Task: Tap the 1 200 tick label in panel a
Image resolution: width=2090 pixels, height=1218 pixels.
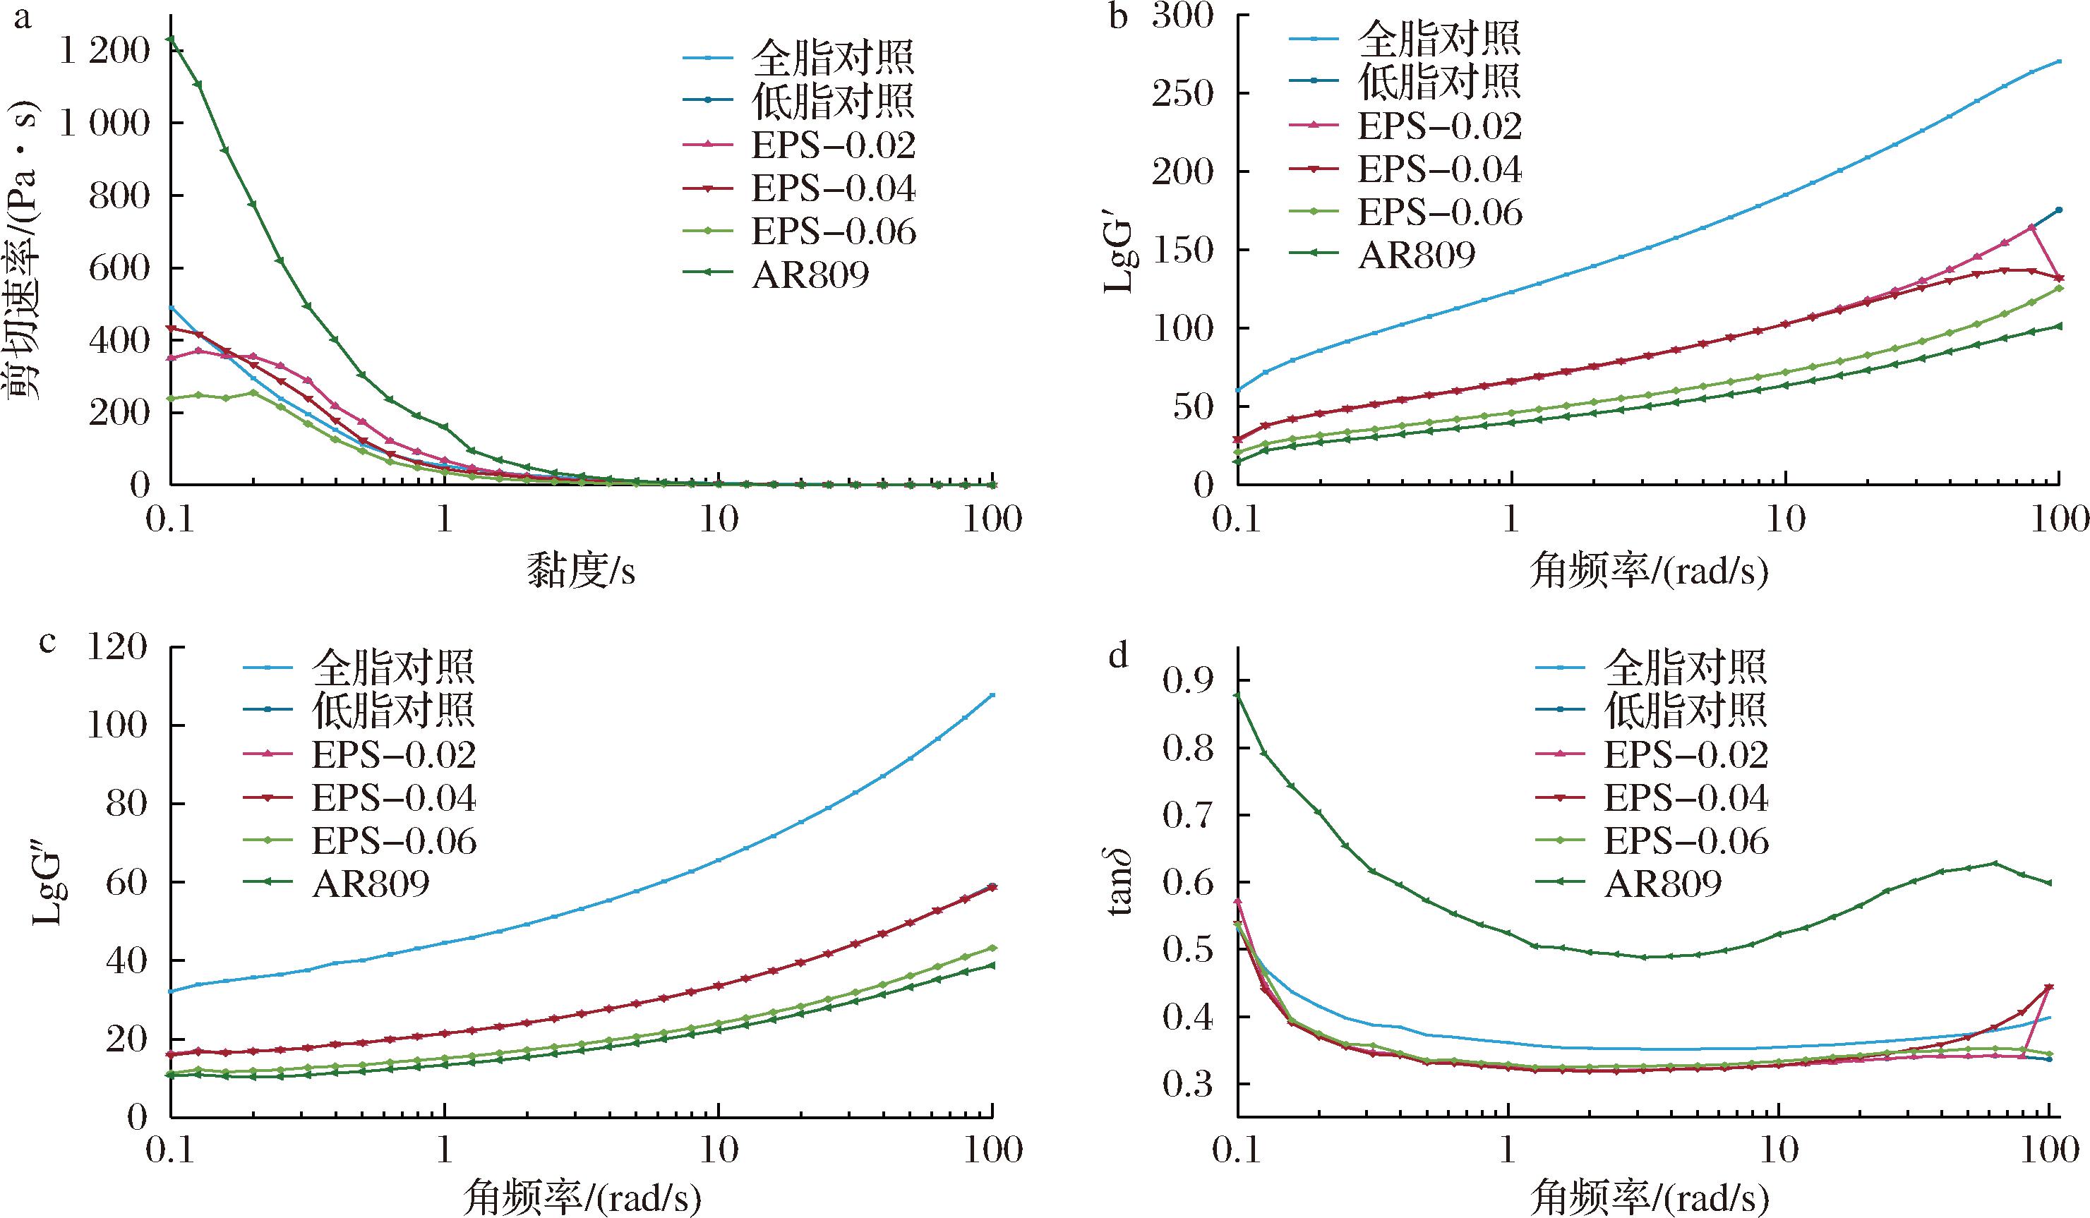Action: point(105,52)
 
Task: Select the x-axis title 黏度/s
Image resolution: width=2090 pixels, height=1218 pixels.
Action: point(582,572)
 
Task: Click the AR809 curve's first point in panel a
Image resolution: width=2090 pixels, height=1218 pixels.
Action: point(170,39)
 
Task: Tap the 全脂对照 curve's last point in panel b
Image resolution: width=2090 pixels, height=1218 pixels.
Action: point(2060,61)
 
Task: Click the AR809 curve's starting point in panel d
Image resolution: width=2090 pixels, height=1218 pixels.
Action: point(1237,695)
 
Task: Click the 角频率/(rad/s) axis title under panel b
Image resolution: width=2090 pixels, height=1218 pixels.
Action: point(1649,572)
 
